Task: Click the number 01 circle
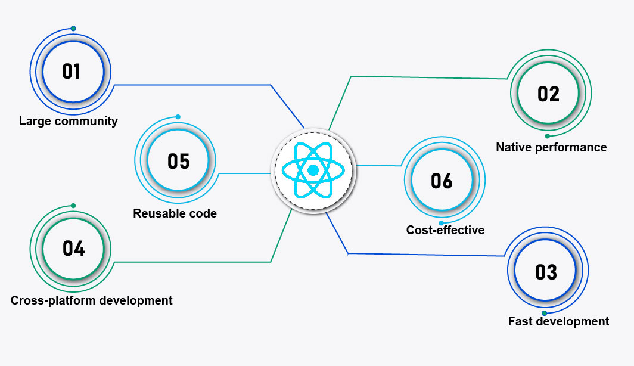(72, 72)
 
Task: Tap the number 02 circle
(548, 94)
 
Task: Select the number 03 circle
(546, 272)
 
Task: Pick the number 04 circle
(74, 248)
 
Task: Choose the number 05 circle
(178, 161)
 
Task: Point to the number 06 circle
(442, 181)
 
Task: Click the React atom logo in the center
(313, 170)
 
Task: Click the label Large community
(69, 122)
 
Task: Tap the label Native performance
(551, 147)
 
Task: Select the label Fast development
(558, 321)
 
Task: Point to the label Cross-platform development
(92, 300)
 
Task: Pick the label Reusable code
(175, 213)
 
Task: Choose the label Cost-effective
(445, 230)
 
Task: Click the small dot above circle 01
(73, 29)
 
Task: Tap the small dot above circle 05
(178, 117)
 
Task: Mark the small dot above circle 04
(73, 206)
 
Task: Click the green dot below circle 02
(547, 136)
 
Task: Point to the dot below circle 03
(544, 313)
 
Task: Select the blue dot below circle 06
(442, 223)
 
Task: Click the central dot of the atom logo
(313, 170)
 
